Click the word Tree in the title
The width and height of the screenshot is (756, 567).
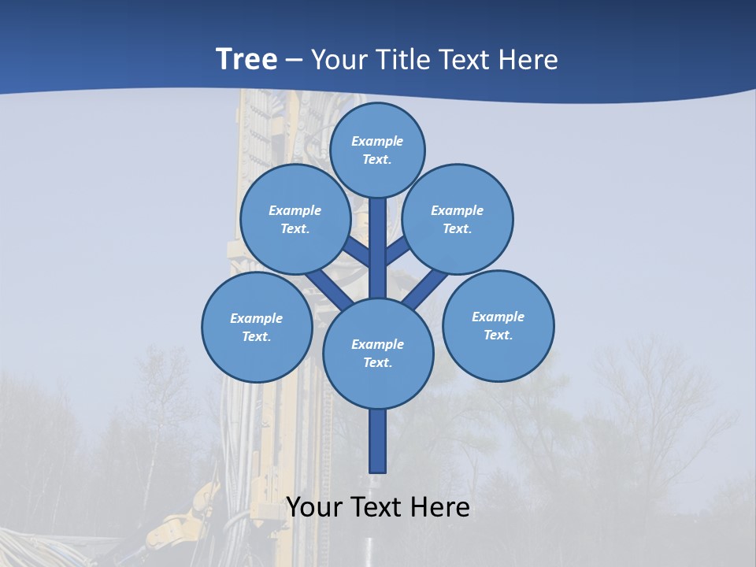[246, 59]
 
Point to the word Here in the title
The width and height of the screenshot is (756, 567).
[528, 59]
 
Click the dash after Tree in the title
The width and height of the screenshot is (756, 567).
[294, 60]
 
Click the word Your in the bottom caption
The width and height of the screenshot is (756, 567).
[314, 507]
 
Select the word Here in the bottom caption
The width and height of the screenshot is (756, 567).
[439, 507]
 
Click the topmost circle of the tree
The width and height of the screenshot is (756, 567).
[377, 150]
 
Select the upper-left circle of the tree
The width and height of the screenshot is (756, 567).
[295, 219]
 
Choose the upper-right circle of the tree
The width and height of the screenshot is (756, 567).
[458, 219]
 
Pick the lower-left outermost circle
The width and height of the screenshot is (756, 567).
[257, 327]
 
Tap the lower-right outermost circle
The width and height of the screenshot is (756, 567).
[498, 325]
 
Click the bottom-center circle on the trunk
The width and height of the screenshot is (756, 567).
[378, 353]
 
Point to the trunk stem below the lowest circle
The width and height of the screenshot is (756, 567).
[378, 441]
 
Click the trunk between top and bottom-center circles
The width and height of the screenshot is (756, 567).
[378, 248]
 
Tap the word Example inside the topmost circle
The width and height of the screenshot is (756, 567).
[377, 141]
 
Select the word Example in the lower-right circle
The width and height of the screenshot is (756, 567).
[498, 317]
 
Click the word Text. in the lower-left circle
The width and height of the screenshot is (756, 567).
[257, 336]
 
